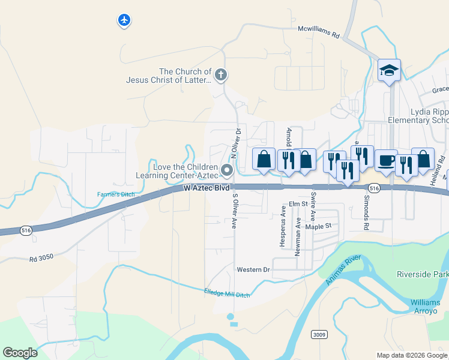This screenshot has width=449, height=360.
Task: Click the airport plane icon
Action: pos(124,20)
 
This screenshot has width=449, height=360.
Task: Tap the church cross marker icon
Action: pos(221,75)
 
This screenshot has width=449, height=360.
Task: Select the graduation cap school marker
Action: pos(389,71)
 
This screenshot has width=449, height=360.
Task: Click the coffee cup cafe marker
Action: pos(387,160)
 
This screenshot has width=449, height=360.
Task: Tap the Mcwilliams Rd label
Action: pos(319,32)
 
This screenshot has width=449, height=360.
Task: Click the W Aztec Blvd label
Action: pos(206,188)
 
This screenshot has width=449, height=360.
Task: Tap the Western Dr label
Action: pos(253,269)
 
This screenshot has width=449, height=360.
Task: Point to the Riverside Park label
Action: pos(422,274)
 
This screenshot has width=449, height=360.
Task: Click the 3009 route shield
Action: pos(319,334)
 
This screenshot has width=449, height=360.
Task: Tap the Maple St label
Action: pos(318,226)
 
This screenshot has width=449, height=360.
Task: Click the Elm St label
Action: pos(298,205)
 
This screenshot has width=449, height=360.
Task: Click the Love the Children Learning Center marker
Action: pos(227,171)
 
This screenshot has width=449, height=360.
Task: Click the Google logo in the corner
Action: pos(20,353)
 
